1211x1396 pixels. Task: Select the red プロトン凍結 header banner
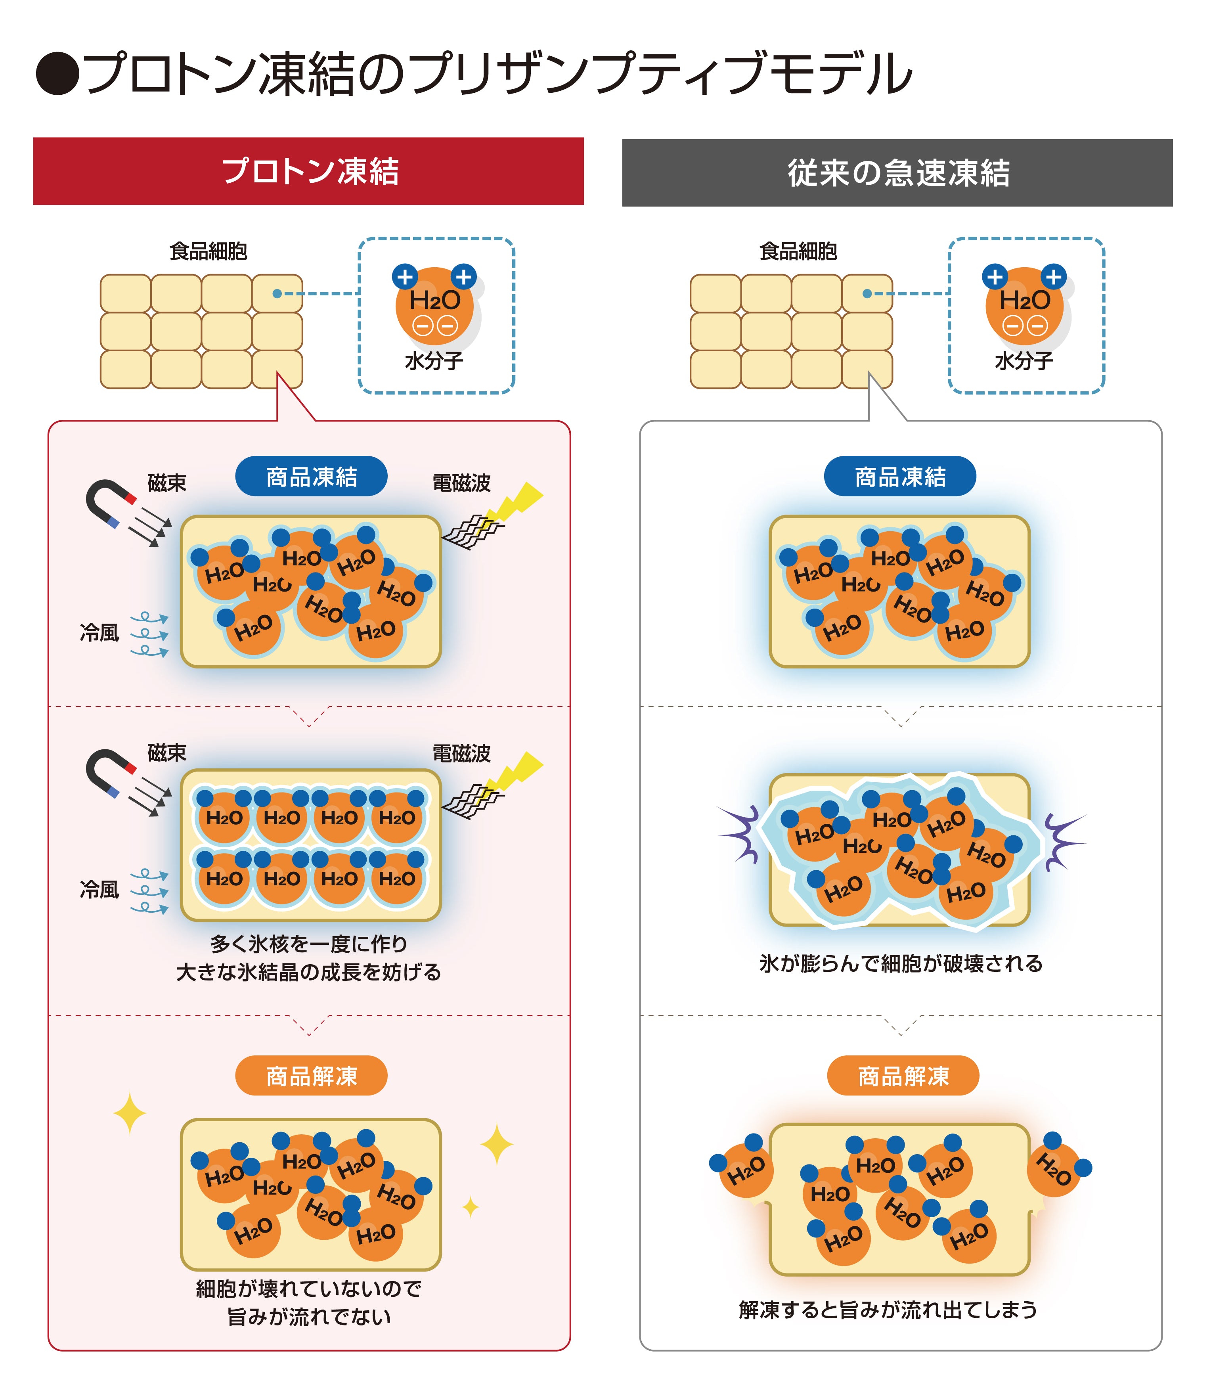308,171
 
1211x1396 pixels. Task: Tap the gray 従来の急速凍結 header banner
897,172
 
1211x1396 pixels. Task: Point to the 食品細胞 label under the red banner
208,251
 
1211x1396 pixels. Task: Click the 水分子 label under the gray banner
1024,361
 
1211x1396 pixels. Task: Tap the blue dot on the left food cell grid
277,293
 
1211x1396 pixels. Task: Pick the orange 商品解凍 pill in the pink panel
312,1076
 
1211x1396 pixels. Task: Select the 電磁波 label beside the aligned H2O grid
461,753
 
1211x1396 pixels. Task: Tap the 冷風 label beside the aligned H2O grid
99,890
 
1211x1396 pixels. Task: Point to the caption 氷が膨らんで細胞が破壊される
901,963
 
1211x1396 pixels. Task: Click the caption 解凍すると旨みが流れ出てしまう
888,1310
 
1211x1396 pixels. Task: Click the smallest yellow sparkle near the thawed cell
471,1207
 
